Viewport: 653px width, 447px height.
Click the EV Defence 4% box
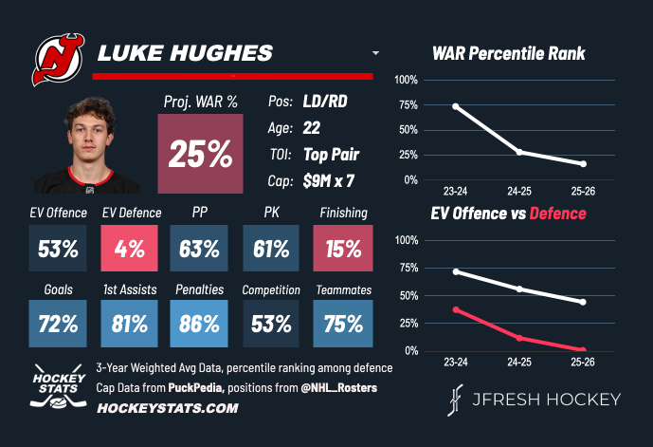tap(130, 250)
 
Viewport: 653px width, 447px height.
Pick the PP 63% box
tap(199, 250)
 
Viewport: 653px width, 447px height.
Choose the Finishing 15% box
tap(341, 250)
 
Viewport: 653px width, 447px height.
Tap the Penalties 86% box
tap(199, 324)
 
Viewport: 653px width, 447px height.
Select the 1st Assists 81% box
tap(130, 324)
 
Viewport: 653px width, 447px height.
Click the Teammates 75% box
tap(341, 324)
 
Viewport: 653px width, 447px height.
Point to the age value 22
tap(313, 127)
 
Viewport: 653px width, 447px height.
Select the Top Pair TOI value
tap(332, 154)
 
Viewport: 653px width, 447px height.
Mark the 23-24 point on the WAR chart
tap(456, 106)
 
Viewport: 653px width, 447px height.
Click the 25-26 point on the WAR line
tap(583, 164)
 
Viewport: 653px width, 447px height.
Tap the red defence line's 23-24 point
tap(456, 310)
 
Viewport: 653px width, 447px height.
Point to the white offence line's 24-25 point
tap(519, 289)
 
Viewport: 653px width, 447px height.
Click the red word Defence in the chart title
tap(559, 214)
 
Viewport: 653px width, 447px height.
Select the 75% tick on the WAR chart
tap(406, 104)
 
